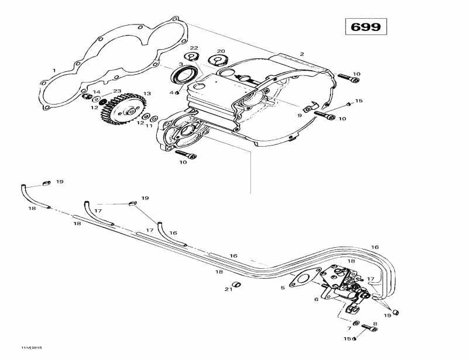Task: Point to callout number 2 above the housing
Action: [302, 54]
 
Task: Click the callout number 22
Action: [194, 47]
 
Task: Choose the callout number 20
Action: [221, 51]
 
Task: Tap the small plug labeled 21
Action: [237, 285]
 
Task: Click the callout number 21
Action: [228, 289]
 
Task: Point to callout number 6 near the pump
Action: [316, 299]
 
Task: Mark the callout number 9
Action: [300, 116]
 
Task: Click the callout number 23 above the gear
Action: [117, 91]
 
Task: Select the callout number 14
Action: [97, 92]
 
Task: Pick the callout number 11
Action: [149, 126]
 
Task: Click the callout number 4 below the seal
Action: [172, 92]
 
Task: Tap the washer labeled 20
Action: [219, 60]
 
